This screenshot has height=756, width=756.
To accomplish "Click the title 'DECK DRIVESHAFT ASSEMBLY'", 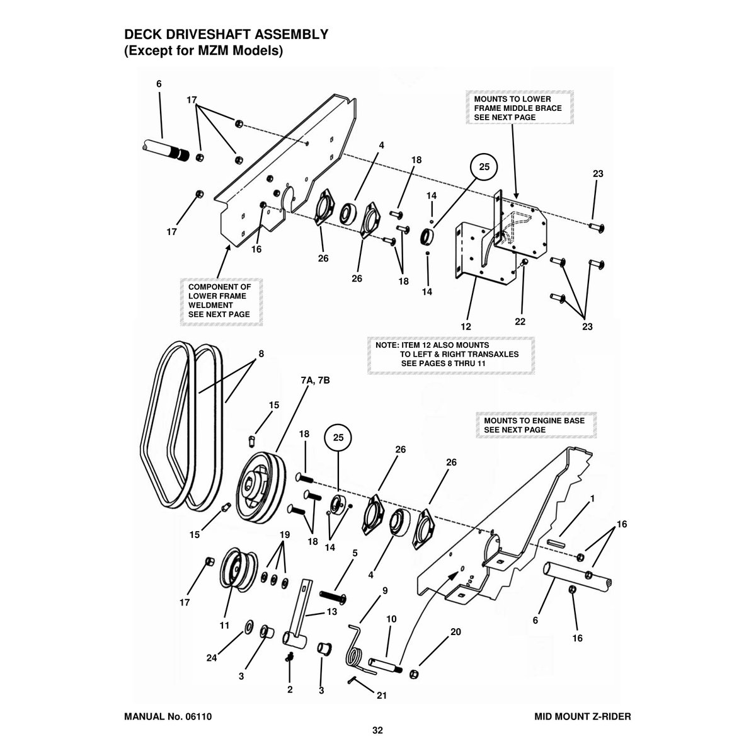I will [x=225, y=35].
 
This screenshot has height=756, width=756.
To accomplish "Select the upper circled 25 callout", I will [x=484, y=167].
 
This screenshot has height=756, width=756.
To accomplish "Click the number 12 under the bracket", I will [x=466, y=326].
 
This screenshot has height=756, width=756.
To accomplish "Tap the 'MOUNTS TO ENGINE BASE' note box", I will [x=534, y=425].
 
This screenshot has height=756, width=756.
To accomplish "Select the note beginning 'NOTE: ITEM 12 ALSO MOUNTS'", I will [x=451, y=355].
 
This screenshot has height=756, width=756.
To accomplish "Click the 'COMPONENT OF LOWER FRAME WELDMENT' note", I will [x=219, y=301].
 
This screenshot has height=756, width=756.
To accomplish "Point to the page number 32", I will [x=377, y=731].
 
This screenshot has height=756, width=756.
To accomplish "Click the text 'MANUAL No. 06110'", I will [x=172, y=716].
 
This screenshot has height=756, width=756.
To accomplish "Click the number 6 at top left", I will [x=159, y=84].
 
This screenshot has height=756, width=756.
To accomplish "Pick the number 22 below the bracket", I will [x=520, y=321].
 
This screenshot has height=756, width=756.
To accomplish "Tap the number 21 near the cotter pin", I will [x=381, y=696].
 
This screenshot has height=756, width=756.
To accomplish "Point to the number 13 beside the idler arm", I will [x=331, y=612].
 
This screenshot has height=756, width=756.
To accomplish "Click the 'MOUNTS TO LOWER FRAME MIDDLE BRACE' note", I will [x=518, y=108].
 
